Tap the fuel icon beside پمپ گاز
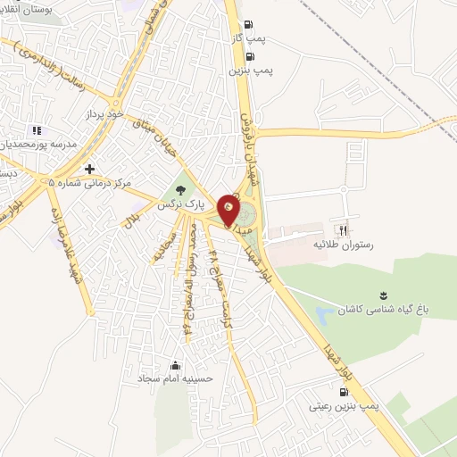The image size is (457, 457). (248, 24)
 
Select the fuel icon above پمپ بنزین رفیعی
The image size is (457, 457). (344, 390)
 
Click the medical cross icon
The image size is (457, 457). (89, 168)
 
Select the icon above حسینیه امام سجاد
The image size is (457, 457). (175, 365)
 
